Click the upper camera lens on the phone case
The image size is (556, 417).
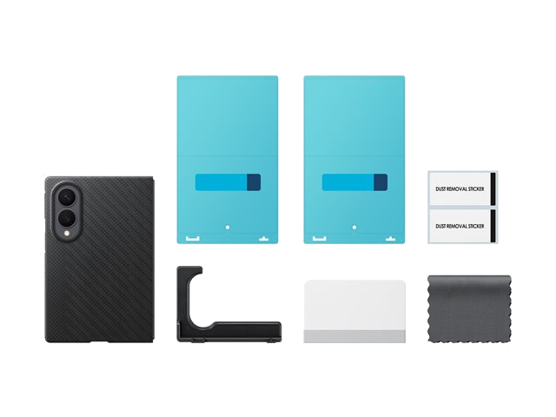pos(66,196)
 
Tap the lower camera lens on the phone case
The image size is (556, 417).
pos(66,218)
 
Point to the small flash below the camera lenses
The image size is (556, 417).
pos(66,233)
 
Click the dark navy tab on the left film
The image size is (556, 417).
pos(254,182)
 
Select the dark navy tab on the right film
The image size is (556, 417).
pos(381,182)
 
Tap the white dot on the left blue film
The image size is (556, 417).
pos(228,227)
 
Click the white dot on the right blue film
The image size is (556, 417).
pos(354,227)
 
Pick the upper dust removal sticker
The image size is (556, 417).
pos(462,189)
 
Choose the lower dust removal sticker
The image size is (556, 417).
pos(462,226)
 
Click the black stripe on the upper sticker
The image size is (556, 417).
pos(493,189)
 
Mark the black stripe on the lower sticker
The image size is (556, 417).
pos(493,226)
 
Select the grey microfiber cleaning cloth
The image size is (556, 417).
pos(469,309)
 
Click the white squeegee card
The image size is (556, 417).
pos(354,311)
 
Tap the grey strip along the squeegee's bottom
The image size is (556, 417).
pos(354,336)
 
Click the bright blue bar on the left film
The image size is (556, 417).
pos(222,182)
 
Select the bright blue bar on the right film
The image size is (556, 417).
pos(348,182)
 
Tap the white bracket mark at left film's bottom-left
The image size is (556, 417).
pos(193,239)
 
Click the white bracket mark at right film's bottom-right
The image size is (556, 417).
pos(390,239)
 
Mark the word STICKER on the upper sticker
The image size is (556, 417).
pos(476,189)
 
